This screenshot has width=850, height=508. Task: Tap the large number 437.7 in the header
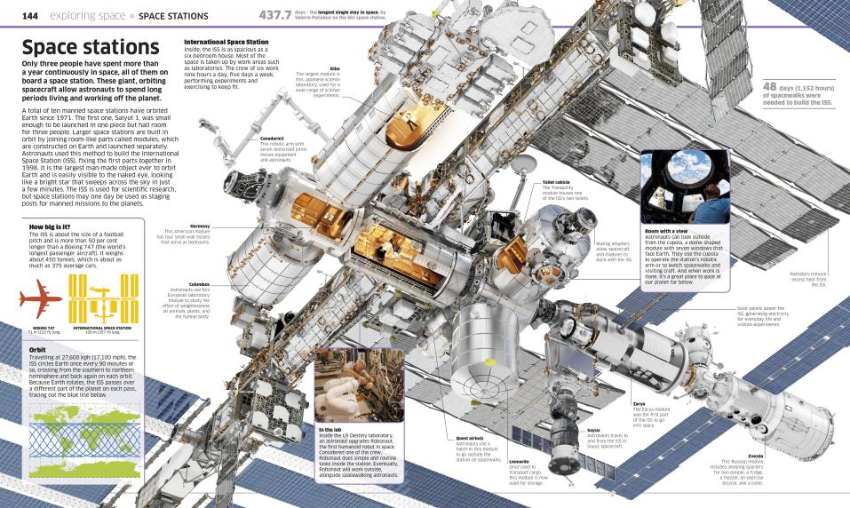(275, 15)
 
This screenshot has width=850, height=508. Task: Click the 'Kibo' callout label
(336, 67)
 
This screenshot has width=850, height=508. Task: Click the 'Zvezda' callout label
(756, 456)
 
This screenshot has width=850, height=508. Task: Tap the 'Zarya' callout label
(639, 403)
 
